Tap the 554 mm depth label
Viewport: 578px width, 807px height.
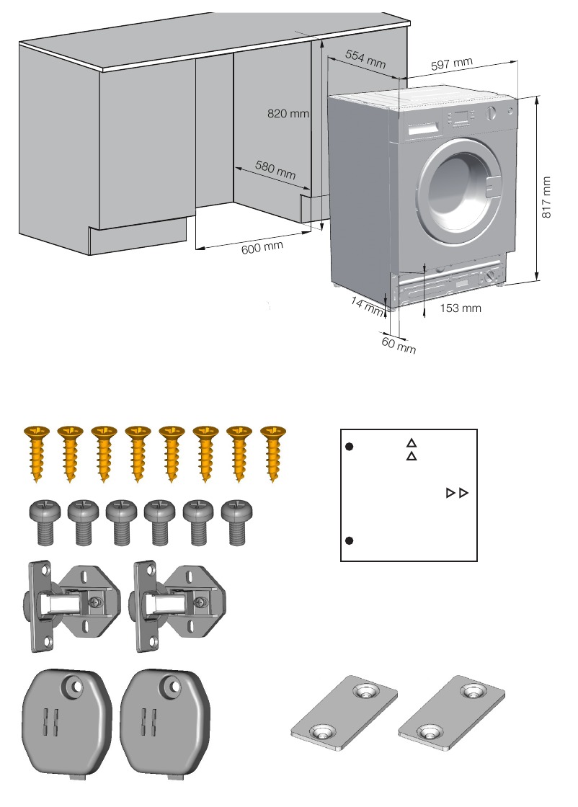(365, 58)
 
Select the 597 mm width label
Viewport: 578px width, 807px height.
(451, 65)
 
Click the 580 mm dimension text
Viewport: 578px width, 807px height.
(276, 171)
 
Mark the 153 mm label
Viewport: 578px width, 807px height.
(460, 308)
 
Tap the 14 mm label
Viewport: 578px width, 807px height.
(367, 306)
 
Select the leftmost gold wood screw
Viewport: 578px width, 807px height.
(36, 452)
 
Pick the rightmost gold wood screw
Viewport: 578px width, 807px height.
(272, 452)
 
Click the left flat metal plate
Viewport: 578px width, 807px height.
(344, 714)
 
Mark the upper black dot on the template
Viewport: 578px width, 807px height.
(349, 447)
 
